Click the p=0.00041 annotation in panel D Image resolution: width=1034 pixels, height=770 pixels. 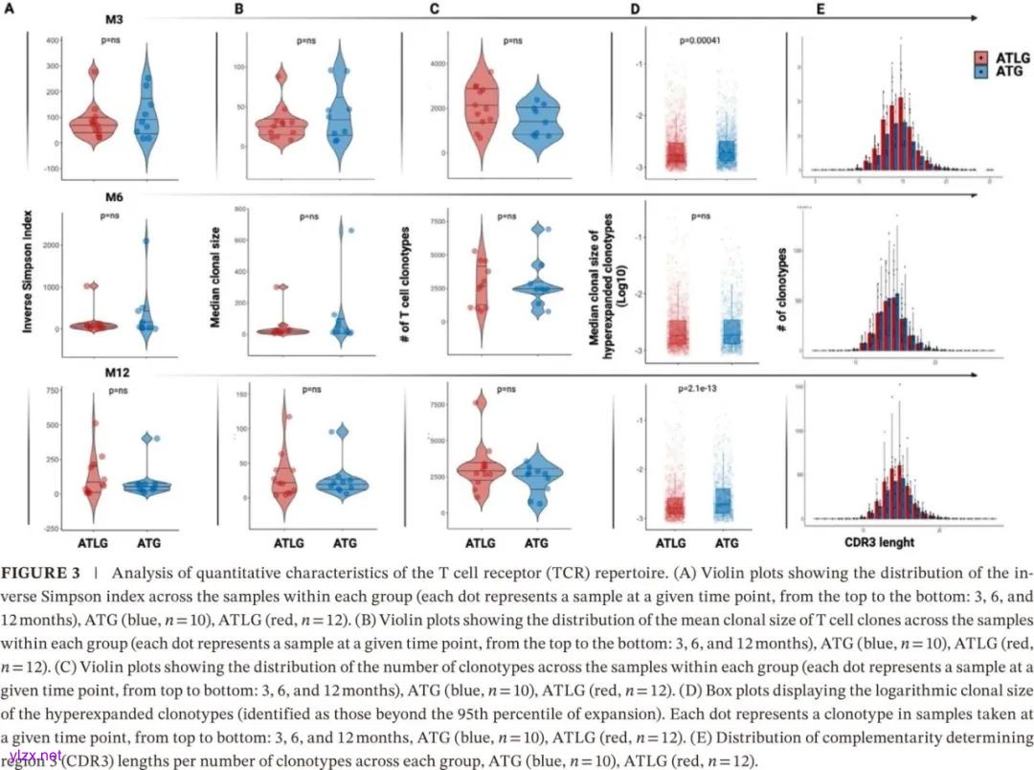click(x=701, y=41)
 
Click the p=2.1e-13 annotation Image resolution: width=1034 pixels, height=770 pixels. click(x=701, y=389)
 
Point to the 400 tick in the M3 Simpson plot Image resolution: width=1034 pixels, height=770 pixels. click(x=53, y=41)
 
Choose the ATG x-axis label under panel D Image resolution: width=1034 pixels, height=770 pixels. click(x=727, y=543)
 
